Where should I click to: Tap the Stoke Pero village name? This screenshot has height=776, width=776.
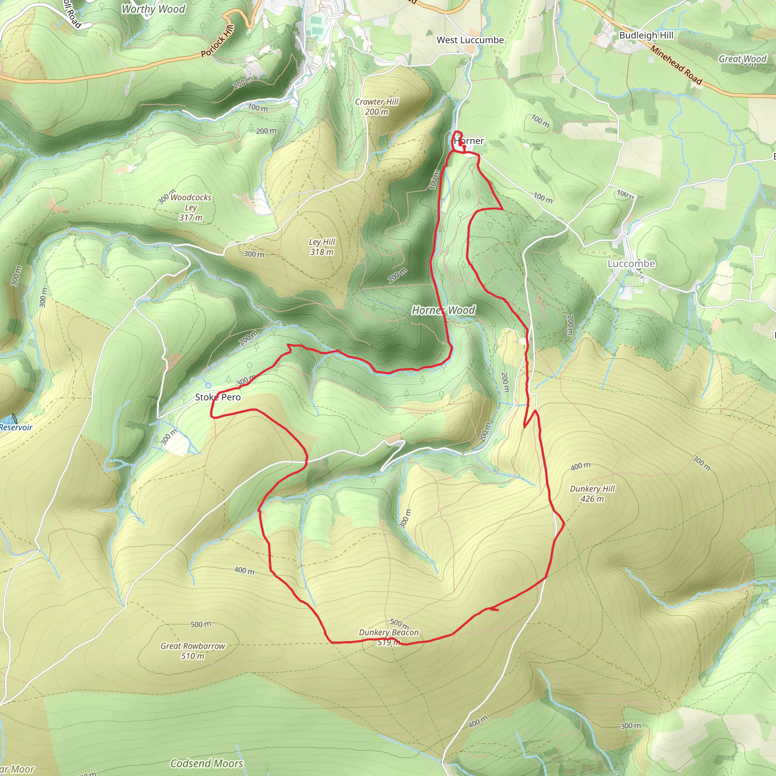tap(218, 397)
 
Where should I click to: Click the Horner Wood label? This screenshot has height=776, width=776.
tap(443, 310)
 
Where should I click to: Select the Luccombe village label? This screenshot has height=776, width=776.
tap(631, 263)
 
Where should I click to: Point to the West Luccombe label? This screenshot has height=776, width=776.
tap(470, 40)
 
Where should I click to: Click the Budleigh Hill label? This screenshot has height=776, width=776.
tap(646, 35)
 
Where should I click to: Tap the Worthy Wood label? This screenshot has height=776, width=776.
tap(153, 9)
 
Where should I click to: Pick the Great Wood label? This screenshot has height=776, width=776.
tap(742, 59)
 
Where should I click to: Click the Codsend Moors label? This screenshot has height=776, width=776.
tap(207, 763)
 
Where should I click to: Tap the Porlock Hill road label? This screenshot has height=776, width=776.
tap(217, 41)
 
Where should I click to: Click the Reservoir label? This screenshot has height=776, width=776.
tap(16, 427)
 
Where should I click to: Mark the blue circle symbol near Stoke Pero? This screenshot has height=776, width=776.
tap(208, 385)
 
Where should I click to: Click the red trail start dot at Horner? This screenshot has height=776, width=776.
tap(464, 147)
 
